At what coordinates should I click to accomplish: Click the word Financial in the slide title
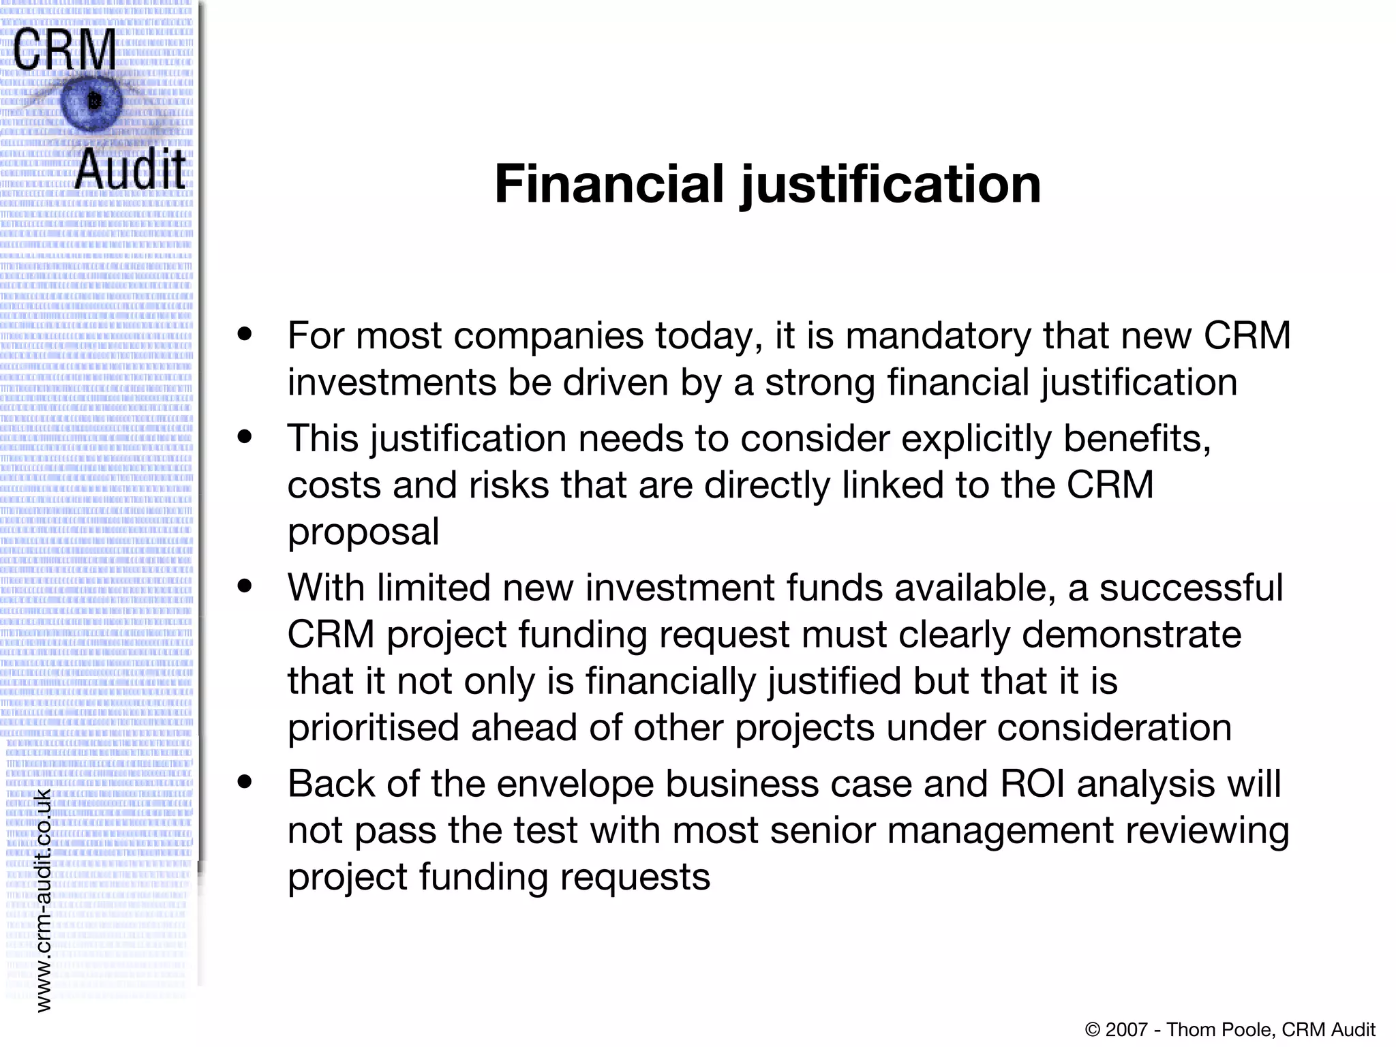click(608, 184)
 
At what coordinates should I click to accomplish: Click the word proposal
click(363, 532)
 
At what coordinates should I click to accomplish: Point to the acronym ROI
click(1033, 784)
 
